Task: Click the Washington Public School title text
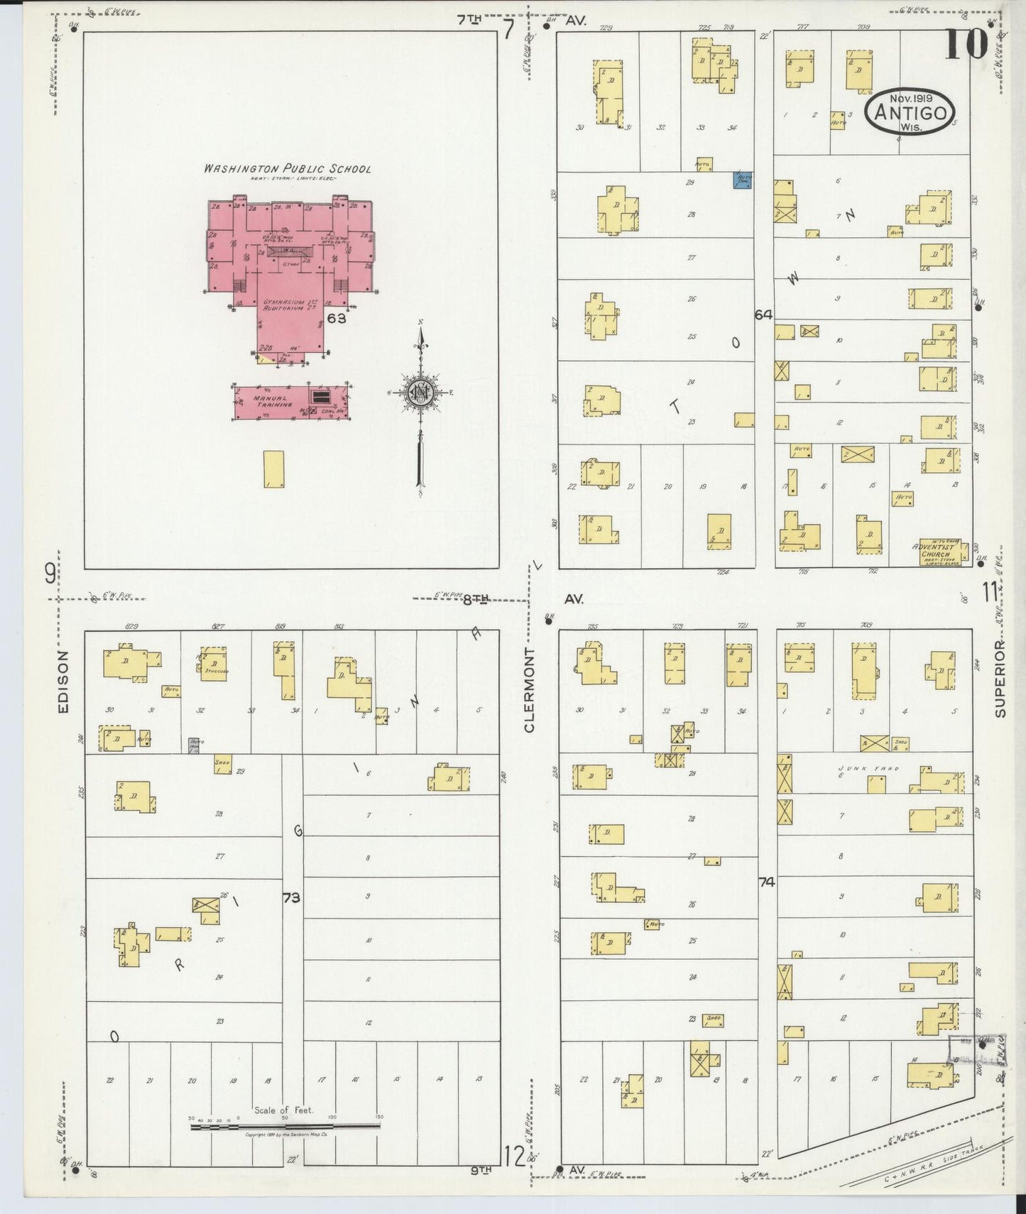coord(287,169)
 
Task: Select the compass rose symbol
coord(420,393)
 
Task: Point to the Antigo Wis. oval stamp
coord(910,113)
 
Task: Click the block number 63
coord(337,319)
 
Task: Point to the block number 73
coord(291,897)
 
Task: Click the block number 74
coord(765,882)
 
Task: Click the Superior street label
coord(1000,679)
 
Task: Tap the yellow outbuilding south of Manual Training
coord(273,469)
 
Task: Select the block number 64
coord(763,315)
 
